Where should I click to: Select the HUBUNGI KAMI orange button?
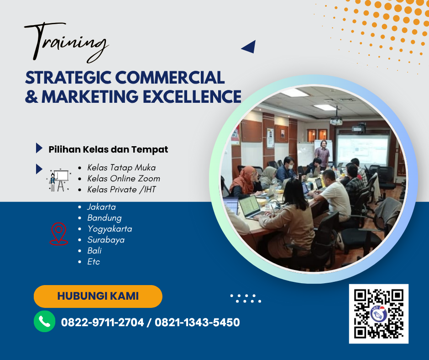tap(98, 296)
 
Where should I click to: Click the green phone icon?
tap(45, 322)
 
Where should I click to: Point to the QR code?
tap(379, 313)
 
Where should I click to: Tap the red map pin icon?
tap(58, 234)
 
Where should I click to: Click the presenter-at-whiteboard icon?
tap(59, 180)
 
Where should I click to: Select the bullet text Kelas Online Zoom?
tap(123, 178)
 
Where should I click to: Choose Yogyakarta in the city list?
tap(110, 229)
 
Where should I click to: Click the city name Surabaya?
tap(106, 240)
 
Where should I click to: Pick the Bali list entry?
tap(94, 251)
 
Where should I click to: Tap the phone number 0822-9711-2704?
tap(102, 323)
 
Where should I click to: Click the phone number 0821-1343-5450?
tap(197, 323)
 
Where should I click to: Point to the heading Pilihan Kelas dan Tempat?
tap(108, 149)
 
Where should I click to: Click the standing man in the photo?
tap(323, 153)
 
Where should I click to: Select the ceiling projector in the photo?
tap(336, 121)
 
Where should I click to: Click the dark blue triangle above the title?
tap(249, 47)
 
